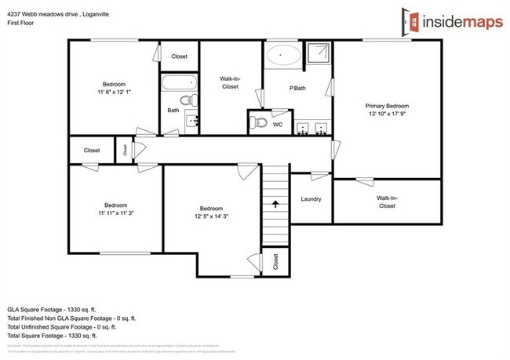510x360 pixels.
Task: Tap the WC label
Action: tap(277, 124)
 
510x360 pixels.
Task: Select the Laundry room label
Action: tap(311, 199)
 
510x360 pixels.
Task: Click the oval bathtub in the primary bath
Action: tap(281, 56)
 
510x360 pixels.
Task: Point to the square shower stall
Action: tap(318, 54)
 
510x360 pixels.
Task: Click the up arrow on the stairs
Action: tap(275, 204)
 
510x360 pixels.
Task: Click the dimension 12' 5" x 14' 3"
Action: tap(212, 216)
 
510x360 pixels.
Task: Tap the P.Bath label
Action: tap(297, 88)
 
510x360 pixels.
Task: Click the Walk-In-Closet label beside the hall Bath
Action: tap(229, 82)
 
